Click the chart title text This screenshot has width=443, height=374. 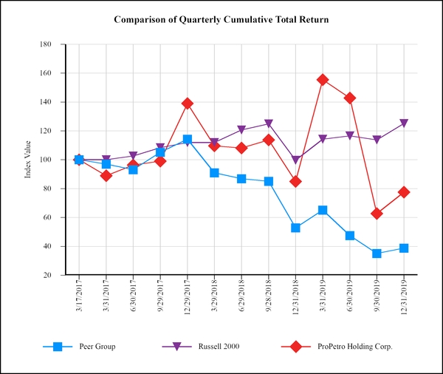tap(221, 18)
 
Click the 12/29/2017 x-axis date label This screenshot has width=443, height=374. tap(188, 296)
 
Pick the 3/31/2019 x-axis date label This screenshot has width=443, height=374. tap(323, 295)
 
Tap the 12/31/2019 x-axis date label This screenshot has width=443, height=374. tap(404, 296)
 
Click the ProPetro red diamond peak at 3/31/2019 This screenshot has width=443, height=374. tap(323, 80)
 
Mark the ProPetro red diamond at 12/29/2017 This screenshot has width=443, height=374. tap(188, 103)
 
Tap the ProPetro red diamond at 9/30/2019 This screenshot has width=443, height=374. tap(377, 214)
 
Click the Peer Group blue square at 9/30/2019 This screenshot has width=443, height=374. tap(377, 254)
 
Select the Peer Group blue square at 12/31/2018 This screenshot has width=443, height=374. tap(295, 228)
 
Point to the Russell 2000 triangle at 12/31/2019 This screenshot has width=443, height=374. tap(404, 123)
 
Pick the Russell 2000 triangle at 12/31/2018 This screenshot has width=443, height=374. tap(295, 160)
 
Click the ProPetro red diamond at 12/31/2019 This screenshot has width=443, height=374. tap(404, 192)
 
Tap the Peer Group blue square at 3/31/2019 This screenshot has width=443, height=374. tap(323, 210)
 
